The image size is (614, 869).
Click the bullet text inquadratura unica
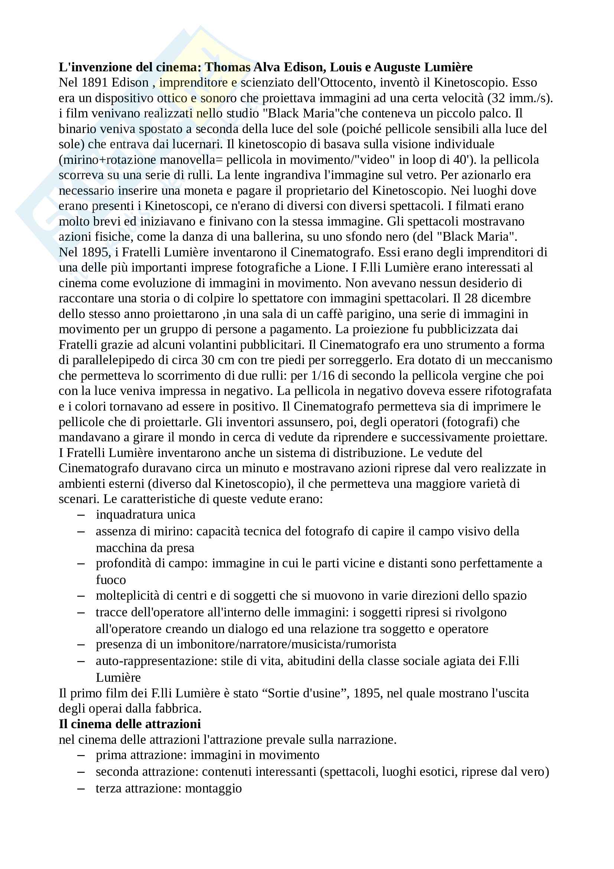(x=146, y=515)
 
